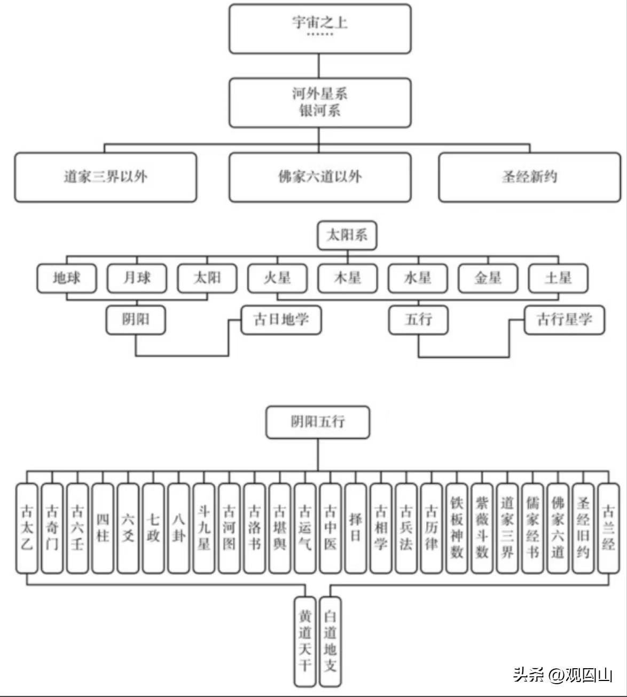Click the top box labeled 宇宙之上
click(x=320, y=29)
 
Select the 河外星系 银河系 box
click(x=320, y=102)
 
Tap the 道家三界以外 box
click(x=105, y=177)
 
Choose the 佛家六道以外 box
click(x=320, y=177)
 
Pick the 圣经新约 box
click(x=529, y=177)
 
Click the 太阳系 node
click(x=347, y=235)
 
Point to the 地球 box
click(x=67, y=278)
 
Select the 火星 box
click(x=277, y=278)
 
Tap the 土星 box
click(x=558, y=278)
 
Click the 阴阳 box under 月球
click(x=136, y=320)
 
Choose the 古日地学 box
click(x=281, y=320)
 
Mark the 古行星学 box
click(x=565, y=320)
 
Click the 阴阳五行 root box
click(x=318, y=422)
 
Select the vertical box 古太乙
click(x=27, y=528)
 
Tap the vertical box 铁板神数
click(x=457, y=528)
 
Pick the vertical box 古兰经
click(x=608, y=528)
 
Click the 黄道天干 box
click(x=305, y=641)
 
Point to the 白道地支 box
click(x=330, y=641)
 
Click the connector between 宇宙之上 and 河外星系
click(x=319, y=66)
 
